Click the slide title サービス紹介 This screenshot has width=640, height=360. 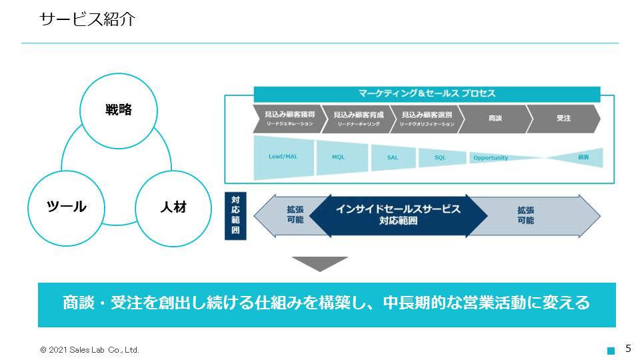pyautogui.click(x=87, y=19)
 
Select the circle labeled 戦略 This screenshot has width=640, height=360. pyautogui.click(x=119, y=111)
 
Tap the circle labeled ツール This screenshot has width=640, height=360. pyautogui.click(x=67, y=207)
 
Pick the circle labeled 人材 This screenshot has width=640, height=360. pyautogui.click(x=173, y=207)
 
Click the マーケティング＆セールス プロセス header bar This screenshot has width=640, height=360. pyautogui.click(x=427, y=94)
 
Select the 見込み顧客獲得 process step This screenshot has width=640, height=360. pyautogui.click(x=286, y=119)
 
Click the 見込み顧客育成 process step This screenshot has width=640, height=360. pyautogui.click(x=356, y=119)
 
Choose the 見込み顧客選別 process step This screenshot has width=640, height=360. pyautogui.click(x=425, y=119)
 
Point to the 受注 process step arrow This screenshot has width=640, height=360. pyautogui.click(x=564, y=119)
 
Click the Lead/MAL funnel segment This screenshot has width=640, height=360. pyautogui.click(x=283, y=158)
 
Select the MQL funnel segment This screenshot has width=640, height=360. pyautogui.click(x=341, y=158)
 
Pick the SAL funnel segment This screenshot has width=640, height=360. pyautogui.click(x=393, y=158)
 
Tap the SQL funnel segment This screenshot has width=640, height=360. pyautogui.click(x=441, y=158)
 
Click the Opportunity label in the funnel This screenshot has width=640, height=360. pyautogui.click(x=491, y=158)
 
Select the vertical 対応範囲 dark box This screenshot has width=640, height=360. pyautogui.click(x=235, y=215)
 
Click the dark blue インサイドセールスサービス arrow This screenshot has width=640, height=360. pyautogui.click(x=398, y=215)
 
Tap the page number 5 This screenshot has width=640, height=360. pyautogui.click(x=627, y=349)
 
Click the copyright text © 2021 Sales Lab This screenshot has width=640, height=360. pyautogui.click(x=89, y=349)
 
